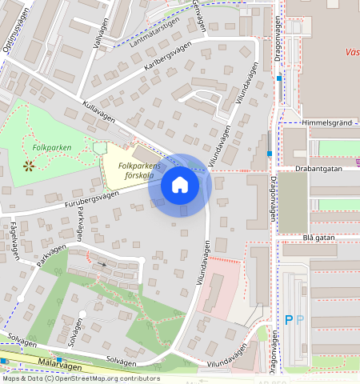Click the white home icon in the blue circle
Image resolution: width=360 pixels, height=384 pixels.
coord(180,185)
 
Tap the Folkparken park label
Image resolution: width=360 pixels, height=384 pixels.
coord(52,148)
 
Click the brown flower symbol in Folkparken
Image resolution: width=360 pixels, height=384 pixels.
coord(29,166)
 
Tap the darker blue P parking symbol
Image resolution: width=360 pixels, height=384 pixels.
coord(289,320)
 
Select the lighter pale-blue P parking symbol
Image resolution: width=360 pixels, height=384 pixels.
coord(301,320)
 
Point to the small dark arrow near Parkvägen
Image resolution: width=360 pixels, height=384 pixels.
coord(102,263)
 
